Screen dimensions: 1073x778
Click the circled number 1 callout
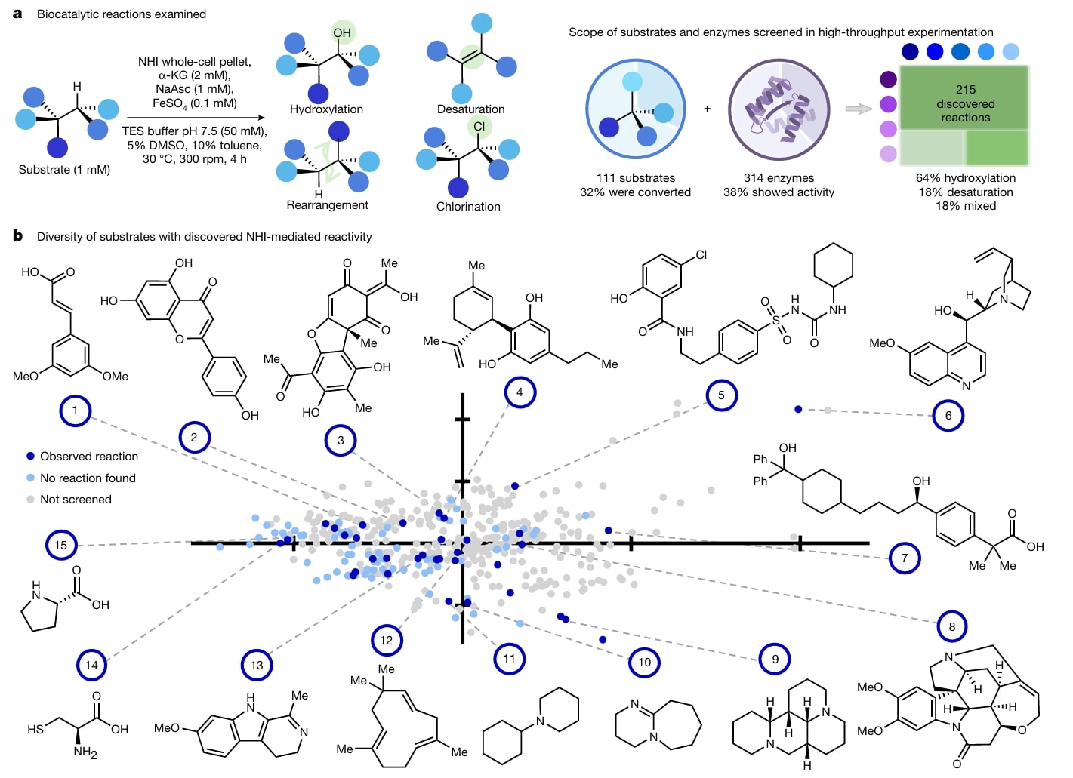click(x=76, y=411)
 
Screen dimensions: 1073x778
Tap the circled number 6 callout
click(x=948, y=416)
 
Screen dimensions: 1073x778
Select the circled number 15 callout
click(x=61, y=546)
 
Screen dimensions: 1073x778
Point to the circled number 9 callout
click(x=775, y=660)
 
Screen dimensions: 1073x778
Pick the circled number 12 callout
click(x=387, y=640)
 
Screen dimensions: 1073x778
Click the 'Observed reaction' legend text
click(x=89, y=457)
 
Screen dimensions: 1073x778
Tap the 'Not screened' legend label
click(x=76, y=500)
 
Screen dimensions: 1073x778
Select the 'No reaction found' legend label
click(x=88, y=478)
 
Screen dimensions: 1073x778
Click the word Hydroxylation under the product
click(x=326, y=109)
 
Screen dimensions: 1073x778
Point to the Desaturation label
click(x=471, y=109)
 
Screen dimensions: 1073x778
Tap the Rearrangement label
click(x=327, y=205)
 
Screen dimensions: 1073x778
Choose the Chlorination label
click(x=468, y=206)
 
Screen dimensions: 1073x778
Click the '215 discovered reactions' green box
click(x=964, y=98)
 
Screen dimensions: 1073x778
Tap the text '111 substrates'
click(x=636, y=178)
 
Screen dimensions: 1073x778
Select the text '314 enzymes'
click(x=779, y=178)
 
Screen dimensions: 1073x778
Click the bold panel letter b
click(x=17, y=235)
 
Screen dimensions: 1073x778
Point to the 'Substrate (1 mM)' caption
click(x=64, y=170)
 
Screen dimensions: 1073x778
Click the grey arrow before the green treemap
click(x=859, y=109)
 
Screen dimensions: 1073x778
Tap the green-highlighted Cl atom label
click(x=479, y=126)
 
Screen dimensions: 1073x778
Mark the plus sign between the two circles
click(x=707, y=109)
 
